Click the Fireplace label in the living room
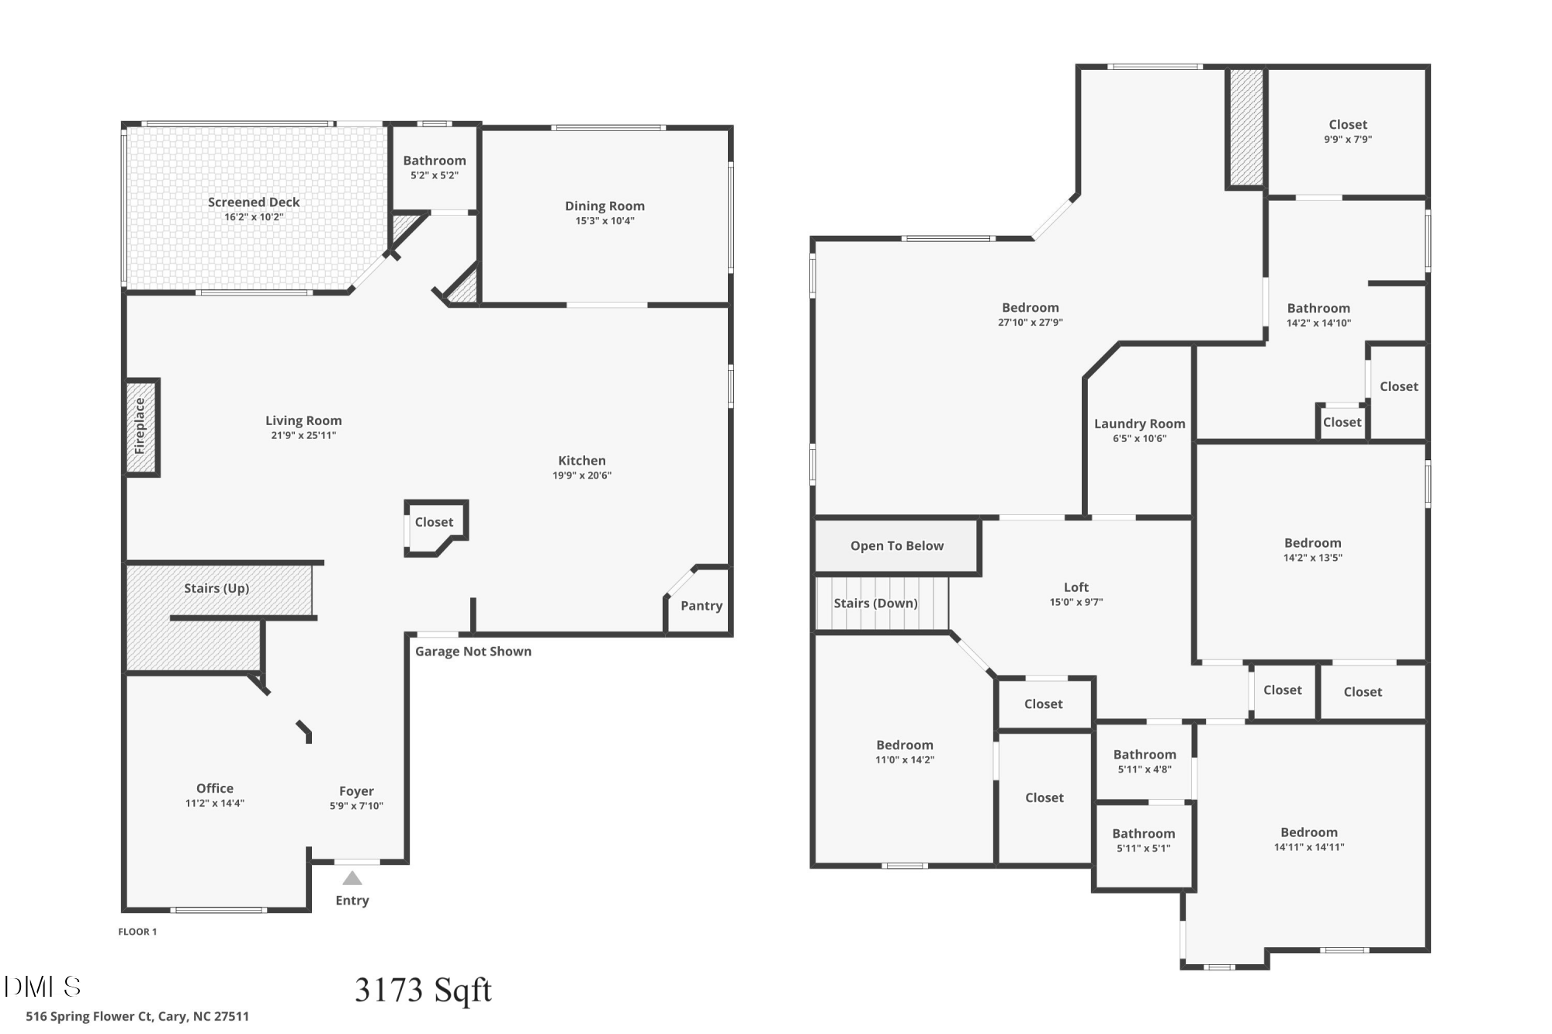point(140,426)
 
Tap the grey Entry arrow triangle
point(352,878)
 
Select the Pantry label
point(702,606)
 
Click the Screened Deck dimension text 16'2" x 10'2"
point(254,217)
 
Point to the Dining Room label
point(605,206)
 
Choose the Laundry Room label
point(1139,424)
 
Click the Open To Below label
point(897,546)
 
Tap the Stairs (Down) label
point(875,603)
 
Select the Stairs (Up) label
point(217,588)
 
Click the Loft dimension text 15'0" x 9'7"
point(1076,602)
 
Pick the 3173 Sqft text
point(423,990)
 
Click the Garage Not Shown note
point(473,652)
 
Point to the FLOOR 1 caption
point(137,932)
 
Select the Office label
point(215,788)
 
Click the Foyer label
point(356,791)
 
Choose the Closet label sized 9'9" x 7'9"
point(1348,125)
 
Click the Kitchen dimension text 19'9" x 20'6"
point(582,476)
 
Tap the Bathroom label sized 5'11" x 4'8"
point(1145,755)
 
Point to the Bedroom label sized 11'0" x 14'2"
point(905,745)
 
